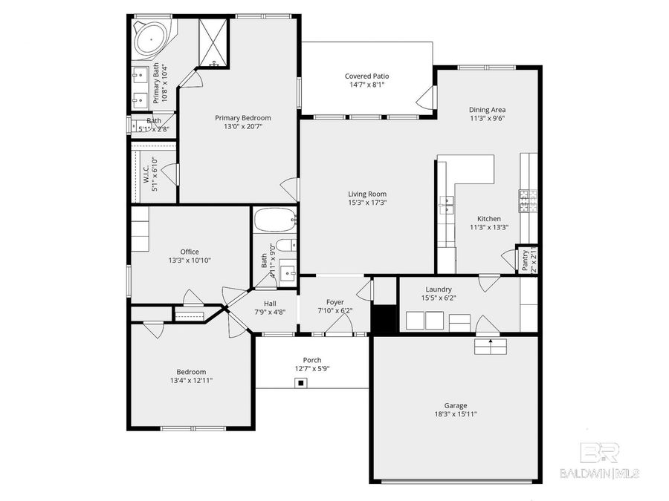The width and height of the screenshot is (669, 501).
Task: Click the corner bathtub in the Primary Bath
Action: point(151,36)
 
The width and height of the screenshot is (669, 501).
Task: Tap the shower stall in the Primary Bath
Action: point(214,42)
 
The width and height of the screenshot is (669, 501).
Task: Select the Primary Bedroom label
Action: point(243,117)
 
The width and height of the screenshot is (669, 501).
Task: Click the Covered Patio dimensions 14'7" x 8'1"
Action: point(366,85)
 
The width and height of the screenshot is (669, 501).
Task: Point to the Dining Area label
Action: point(487,109)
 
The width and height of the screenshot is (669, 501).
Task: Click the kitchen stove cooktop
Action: point(528,200)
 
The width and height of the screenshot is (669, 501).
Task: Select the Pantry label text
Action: point(525,259)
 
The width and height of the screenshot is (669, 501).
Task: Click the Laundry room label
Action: point(439,289)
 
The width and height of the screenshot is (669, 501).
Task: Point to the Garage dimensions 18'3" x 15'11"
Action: point(456,414)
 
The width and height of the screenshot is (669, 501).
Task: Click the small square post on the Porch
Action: point(300,383)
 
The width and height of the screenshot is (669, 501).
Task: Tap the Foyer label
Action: point(335,302)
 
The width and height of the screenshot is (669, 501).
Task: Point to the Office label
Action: point(190,252)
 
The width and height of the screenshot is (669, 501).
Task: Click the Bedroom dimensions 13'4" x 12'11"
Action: point(191,380)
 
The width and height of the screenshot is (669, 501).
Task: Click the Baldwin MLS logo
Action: point(599,461)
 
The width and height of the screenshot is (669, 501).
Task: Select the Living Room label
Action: point(367,194)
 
